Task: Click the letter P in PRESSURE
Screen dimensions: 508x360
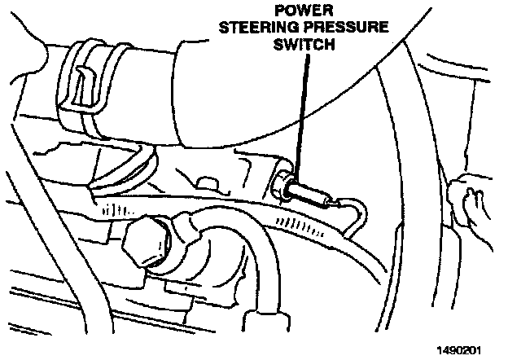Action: [325, 29]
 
